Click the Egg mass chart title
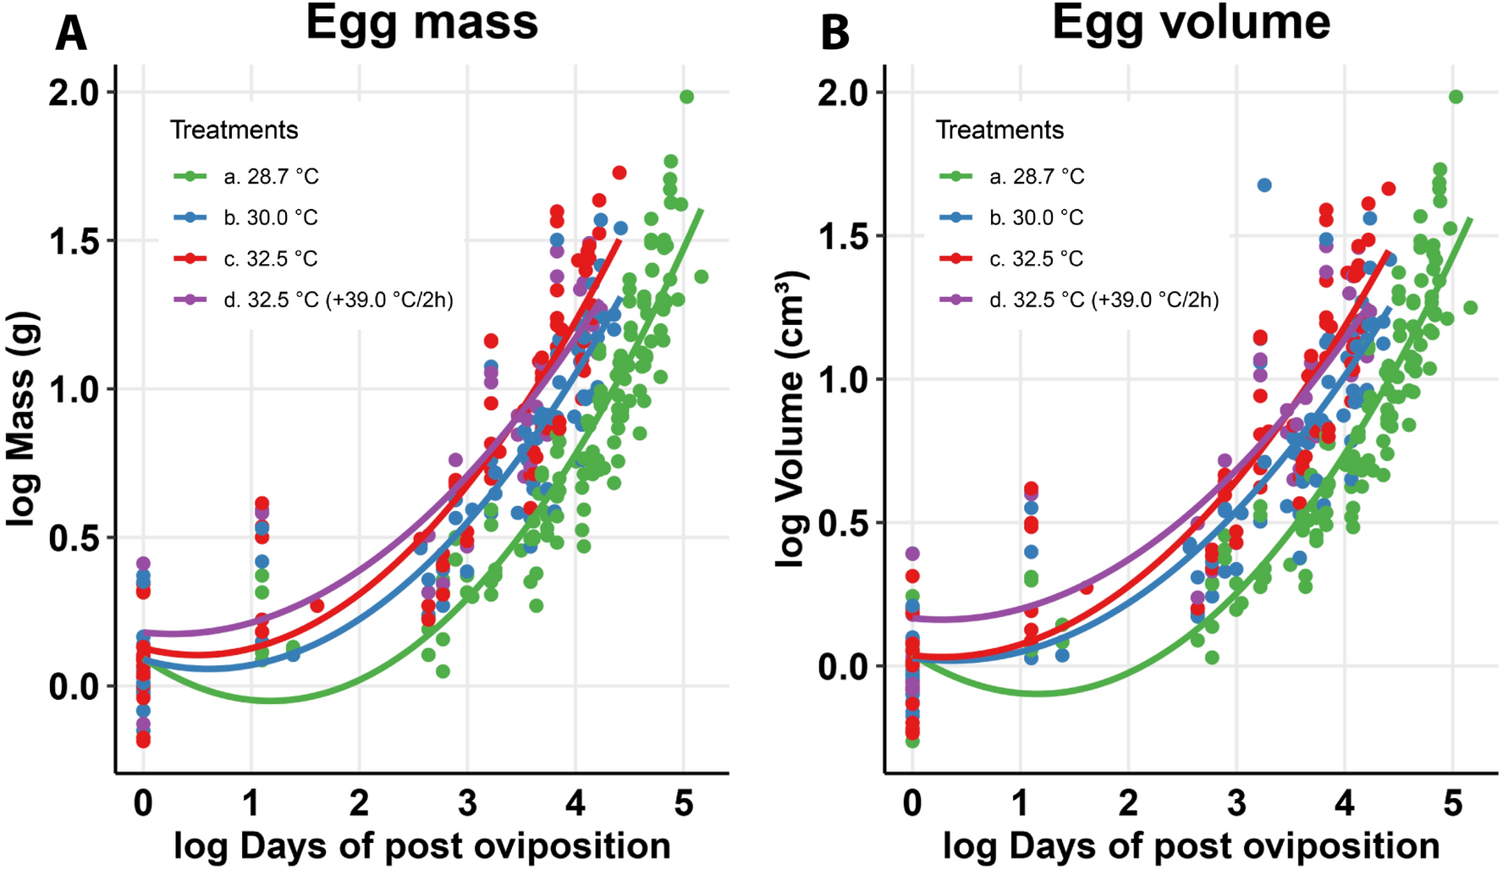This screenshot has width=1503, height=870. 421,23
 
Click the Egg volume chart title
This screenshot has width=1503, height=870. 1191,23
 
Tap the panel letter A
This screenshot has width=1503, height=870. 71,36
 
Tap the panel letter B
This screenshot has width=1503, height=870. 834,36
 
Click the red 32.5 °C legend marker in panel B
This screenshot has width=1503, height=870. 956,258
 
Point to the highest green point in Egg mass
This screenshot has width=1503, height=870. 686,97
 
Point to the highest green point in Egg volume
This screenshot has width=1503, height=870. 1456,97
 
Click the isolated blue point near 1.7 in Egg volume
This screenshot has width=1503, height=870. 1264,185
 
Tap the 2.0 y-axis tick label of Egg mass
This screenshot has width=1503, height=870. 74,92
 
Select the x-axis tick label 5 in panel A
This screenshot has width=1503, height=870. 684,802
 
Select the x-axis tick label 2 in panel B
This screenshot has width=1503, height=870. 1128,802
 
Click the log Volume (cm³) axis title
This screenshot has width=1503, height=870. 790,419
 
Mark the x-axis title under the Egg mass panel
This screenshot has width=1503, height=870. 421,846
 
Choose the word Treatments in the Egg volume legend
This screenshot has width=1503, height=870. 999,130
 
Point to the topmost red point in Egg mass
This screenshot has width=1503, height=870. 619,173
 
